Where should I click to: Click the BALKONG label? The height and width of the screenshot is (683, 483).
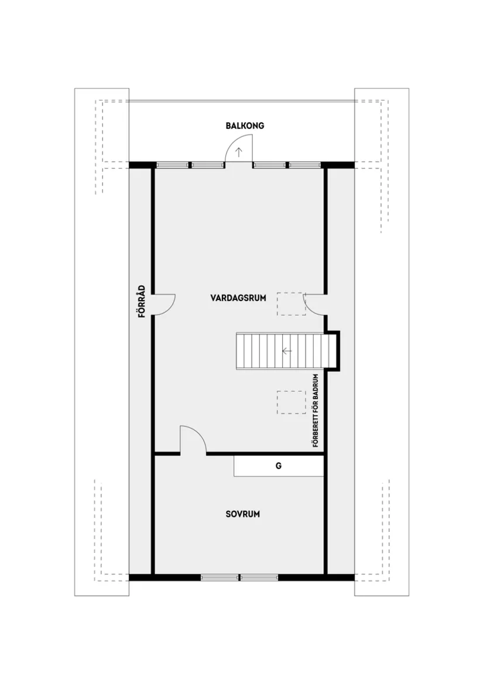(x=245, y=126)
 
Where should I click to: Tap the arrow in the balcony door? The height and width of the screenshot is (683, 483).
(x=239, y=153)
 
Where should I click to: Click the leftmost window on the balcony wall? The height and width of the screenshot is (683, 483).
(x=172, y=165)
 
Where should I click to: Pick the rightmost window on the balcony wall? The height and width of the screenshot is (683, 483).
(x=306, y=165)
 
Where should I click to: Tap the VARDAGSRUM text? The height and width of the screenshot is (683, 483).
(x=238, y=298)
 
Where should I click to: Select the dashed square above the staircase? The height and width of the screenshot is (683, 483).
(x=291, y=304)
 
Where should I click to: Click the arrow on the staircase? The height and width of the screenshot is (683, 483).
(x=286, y=351)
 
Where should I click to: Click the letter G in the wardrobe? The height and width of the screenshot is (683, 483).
(x=279, y=466)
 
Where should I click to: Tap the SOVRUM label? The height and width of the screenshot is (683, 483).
(x=242, y=514)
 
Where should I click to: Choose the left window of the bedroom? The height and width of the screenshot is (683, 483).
(x=220, y=577)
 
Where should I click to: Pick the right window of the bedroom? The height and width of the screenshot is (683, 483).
(x=259, y=577)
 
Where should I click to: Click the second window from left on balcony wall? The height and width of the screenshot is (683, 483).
(x=208, y=165)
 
